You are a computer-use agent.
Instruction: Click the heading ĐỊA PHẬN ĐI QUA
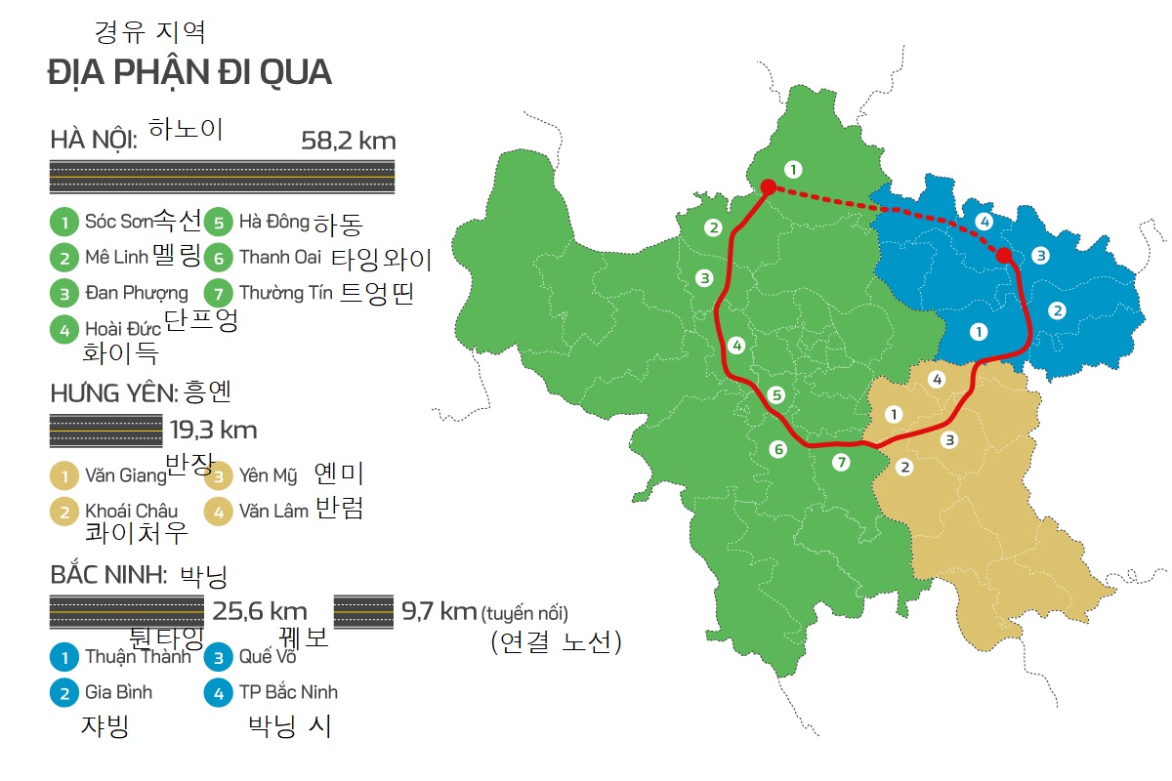(189, 72)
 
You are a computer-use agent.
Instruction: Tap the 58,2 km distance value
(349, 141)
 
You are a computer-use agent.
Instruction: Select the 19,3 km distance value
(213, 430)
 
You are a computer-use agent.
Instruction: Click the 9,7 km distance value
(439, 612)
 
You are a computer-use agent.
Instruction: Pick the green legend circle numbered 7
(219, 292)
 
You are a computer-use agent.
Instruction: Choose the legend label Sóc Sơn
(120, 222)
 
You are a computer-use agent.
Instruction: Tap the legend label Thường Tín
(285, 292)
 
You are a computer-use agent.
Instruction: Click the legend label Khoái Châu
(131, 511)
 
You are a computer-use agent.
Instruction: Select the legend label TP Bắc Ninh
(288, 692)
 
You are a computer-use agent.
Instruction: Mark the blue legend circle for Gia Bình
(63, 692)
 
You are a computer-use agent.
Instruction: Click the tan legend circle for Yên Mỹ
(219, 476)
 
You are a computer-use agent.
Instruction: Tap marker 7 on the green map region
(842, 463)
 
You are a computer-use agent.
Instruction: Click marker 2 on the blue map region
(1056, 311)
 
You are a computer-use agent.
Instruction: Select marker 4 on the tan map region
(937, 379)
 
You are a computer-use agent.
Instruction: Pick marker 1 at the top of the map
(793, 169)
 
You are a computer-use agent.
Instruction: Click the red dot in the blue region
(1003, 256)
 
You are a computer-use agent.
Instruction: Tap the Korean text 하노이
(187, 129)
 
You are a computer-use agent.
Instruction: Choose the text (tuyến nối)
(523, 613)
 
